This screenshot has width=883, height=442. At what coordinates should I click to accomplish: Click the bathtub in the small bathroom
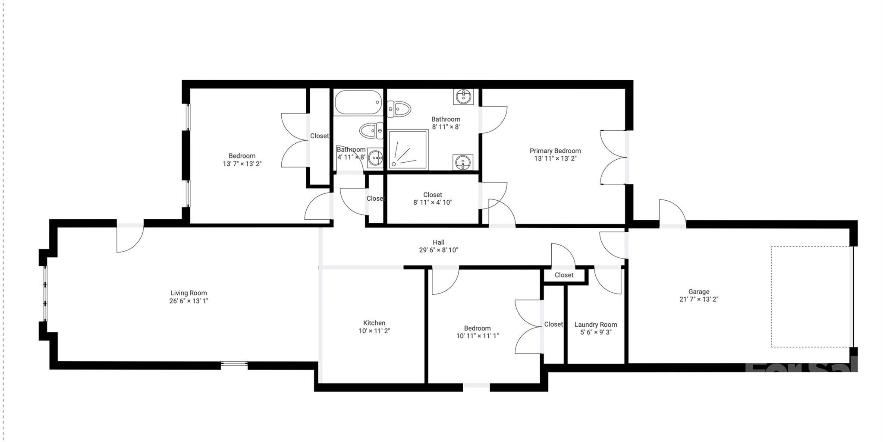click(x=358, y=102)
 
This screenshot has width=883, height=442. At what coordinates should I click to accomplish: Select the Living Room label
click(x=189, y=293)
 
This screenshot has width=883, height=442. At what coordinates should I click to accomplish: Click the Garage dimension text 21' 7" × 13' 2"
click(x=698, y=299)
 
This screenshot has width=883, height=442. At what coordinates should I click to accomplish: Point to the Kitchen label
click(x=374, y=323)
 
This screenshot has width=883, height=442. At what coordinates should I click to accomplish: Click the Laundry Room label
click(x=595, y=325)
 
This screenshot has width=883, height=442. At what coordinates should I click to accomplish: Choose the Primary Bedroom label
click(x=555, y=151)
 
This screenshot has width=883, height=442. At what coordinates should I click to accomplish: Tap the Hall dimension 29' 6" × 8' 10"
click(x=438, y=250)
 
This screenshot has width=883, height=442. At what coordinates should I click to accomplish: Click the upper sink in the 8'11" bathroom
click(x=463, y=97)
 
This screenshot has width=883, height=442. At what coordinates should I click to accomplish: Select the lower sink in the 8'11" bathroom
click(x=462, y=162)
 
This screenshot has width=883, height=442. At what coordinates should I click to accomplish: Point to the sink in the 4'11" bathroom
click(x=376, y=158)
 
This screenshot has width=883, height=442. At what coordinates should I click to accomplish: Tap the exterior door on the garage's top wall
click(x=672, y=213)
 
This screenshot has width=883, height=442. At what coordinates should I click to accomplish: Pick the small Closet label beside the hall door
click(x=564, y=275)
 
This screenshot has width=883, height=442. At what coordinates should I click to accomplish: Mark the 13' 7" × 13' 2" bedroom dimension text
click(x=242, y=164)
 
